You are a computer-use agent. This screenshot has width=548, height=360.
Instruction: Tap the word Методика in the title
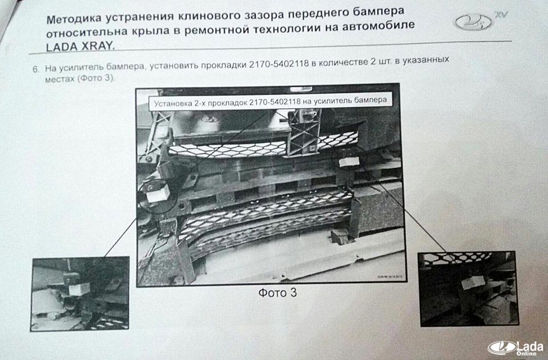click(72, 19)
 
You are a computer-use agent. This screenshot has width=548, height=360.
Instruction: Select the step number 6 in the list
click(35, 69)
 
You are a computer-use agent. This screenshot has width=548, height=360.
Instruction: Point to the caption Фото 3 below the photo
click(277, 292)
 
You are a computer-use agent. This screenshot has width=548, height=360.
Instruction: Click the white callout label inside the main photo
click(270, 101)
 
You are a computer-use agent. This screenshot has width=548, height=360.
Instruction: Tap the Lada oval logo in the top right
click(473, 22)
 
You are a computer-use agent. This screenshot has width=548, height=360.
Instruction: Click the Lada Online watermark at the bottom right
click(516, 348)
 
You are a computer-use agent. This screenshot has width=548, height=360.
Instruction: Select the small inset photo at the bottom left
click(80, 294)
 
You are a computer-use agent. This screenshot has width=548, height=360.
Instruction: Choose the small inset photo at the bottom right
click(468, 289)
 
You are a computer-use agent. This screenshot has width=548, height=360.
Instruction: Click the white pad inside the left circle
click(158, 193)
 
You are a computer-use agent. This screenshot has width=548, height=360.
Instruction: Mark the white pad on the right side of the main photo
click(349, 161)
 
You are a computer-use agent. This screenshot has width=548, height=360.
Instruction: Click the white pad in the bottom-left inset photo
click(79, 289)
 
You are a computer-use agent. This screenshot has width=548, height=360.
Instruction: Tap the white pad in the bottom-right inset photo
click(473, 282)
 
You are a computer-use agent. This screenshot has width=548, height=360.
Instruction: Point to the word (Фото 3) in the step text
click(95, 78)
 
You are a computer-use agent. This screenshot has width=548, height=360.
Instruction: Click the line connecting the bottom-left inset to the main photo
click(120, 237)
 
